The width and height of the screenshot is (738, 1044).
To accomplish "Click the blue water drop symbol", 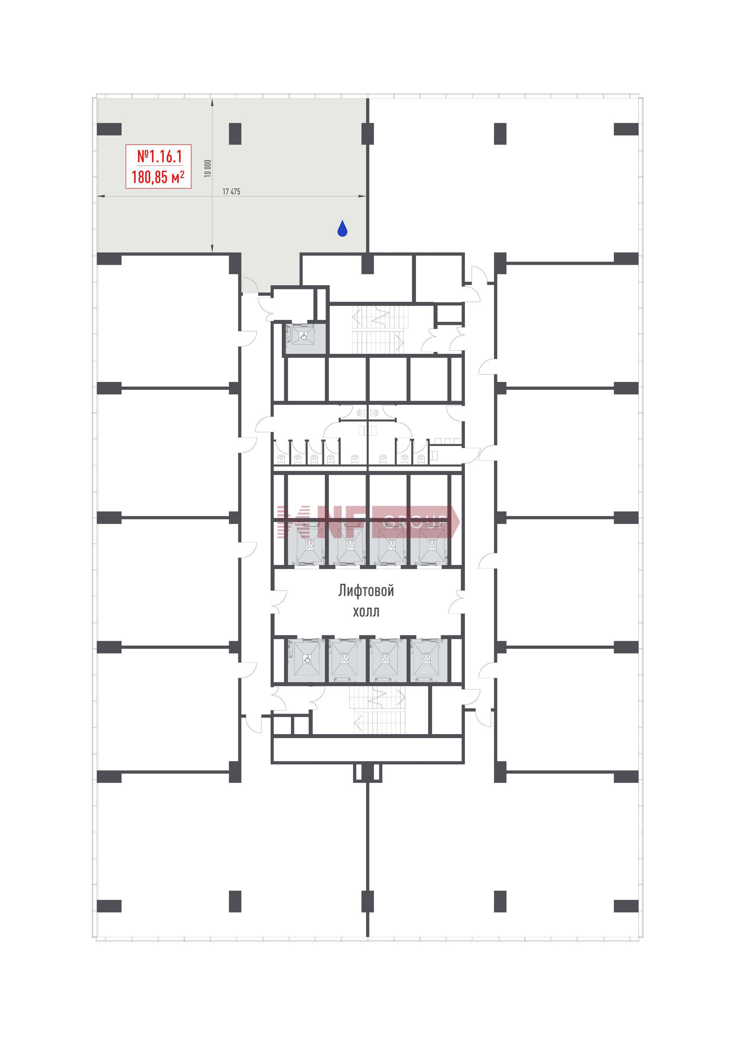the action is point(342,229).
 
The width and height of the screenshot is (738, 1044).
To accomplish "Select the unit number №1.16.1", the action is point(159,157).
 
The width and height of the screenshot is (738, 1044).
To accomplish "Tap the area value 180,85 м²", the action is point(158,176).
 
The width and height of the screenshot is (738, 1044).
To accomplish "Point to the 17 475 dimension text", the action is point(231,192).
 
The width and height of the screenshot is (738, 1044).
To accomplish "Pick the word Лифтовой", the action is point(366,591).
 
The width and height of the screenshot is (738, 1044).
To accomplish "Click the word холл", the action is point(366,611).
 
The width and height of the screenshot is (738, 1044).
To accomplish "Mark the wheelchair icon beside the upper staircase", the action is point(304,336).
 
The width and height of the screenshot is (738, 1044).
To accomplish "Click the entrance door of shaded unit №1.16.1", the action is point(250,286).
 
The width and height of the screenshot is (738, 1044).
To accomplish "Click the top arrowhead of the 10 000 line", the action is point(212,103).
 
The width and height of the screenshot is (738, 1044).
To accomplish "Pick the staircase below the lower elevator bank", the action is point(377,709).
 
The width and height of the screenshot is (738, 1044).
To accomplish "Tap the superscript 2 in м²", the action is point(182,173).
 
